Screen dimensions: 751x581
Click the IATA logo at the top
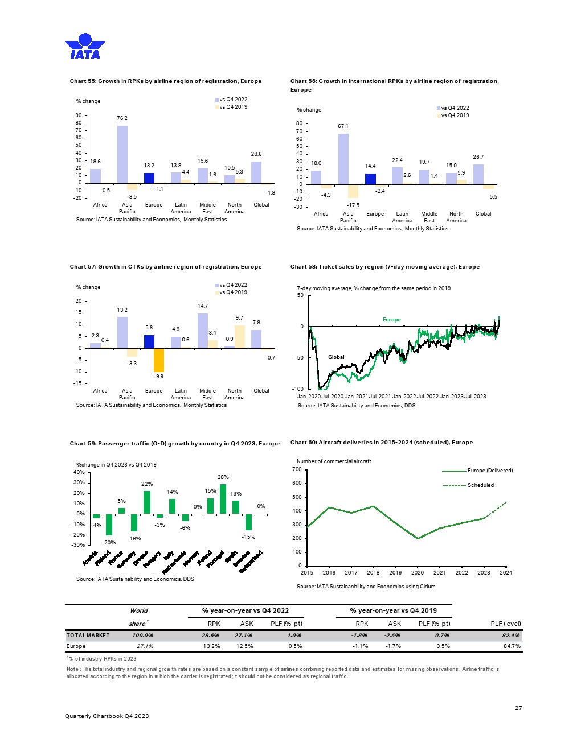click(x=85, y=46)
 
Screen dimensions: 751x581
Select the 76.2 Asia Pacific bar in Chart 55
click(x=122, y=154)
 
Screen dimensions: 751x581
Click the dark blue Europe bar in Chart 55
click(x=149, y=178)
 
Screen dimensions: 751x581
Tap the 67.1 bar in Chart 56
click(x=343, y=159)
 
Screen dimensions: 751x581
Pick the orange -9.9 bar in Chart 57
click(x=159, y=360)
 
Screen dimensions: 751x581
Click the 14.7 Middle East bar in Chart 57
click(x=203, y=331)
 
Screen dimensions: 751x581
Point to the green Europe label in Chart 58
click(x=391, y=320)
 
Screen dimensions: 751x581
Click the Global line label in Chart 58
click(x=336, y=357)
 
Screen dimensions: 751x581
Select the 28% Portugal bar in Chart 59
click(x=223, y=499)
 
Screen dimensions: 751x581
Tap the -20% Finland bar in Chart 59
click(x=109, y=524)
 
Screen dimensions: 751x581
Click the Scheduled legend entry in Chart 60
click(x=480, y=485)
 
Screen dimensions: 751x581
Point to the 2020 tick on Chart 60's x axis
click(x=418, y=573)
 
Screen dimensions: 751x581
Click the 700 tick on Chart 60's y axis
click(x=297, y=469)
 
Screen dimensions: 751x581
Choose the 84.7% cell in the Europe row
click(x=512, y=646)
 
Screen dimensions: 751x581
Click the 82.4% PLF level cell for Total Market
click(x=510, y=636)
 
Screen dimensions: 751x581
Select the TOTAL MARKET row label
click(x=88, y=636)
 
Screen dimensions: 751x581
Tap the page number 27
click(x=518, y=708)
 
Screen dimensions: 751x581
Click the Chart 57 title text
click(x=166, y=267)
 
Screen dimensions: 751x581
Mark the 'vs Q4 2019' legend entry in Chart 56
click(x=455, y=115)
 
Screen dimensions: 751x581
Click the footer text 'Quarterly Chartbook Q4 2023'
click(x=107, y=716)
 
